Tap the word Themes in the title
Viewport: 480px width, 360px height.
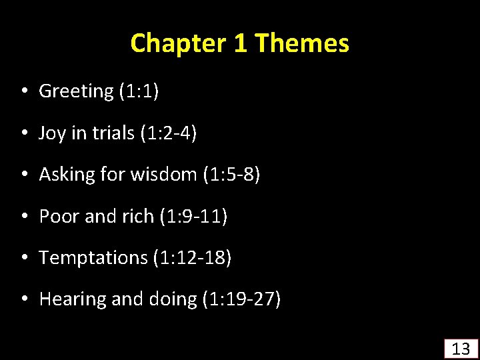coord(301,43)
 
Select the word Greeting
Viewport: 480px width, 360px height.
coord(76,91)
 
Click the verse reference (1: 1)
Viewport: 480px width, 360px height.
coord(139,91)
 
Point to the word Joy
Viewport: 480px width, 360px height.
coord(52,133)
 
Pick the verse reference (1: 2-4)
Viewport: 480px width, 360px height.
coord(169,133)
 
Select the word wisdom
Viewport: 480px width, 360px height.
coord(165,175)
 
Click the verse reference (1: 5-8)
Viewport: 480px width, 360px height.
coord(231,175)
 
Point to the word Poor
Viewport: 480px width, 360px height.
coord(58,217)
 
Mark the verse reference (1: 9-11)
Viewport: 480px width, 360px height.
coord(194,217)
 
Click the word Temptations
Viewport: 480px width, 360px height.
coord(93,258)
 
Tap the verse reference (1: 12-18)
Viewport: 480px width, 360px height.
coord(192,258)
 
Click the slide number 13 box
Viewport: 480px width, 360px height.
coord(461,348)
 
